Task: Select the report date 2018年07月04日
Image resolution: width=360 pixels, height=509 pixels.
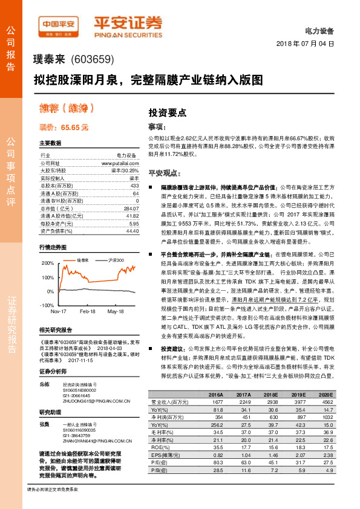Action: [x=308, y=44]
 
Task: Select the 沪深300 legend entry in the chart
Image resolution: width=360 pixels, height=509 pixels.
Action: [x=115, y=260]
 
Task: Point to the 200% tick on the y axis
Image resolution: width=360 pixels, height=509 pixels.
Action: [x=47, y=264]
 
